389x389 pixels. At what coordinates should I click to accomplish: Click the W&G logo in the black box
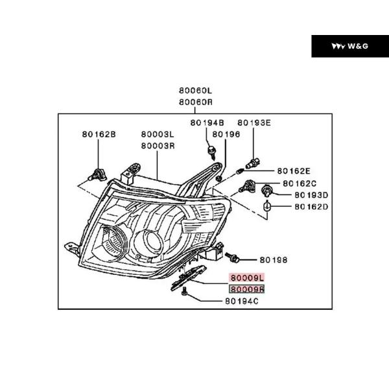click(x=349, y=46)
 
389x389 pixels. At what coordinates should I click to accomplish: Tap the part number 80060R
click(x=196, y=102)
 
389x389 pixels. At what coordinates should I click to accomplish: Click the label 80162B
click(x=99, y=134)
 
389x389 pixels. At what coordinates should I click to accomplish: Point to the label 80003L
click(x=158, y=135)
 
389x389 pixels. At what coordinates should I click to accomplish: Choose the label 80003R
click(x=158, y=146)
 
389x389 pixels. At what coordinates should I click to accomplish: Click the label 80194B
click(x=207, y=123)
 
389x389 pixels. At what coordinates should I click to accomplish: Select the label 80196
click(x=227, y=134)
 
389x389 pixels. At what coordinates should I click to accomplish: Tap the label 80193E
click(x=253, y=123)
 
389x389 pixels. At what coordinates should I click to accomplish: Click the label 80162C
click(x=300, y=183)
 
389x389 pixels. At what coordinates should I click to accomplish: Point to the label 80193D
click(x=311, y=194)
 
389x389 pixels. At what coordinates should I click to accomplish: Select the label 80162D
click(x=311, y=207)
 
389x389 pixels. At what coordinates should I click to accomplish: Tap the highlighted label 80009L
click(x=246, y=277)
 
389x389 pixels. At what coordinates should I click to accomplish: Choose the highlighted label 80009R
click(x=246, y=289)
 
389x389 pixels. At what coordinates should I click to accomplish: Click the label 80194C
click(x=242, y=301)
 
